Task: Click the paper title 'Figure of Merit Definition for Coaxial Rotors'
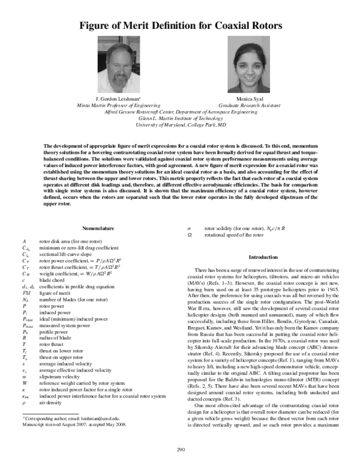click(180, 25)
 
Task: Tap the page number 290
click(180, 450)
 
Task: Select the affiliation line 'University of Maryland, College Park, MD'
click(180, 126)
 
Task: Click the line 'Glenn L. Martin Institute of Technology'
click(180, 118)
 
